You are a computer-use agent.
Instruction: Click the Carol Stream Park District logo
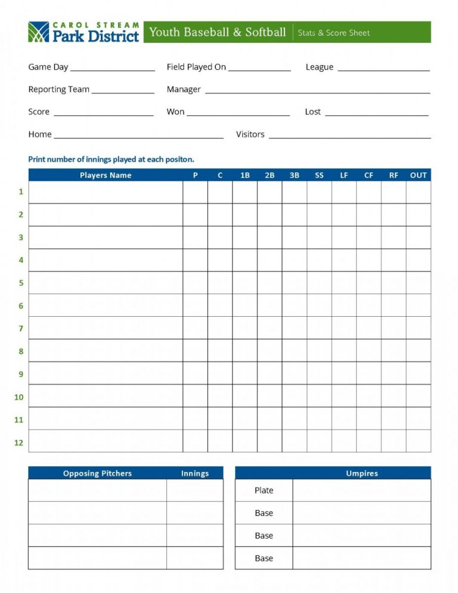pyautogui.click(x=83, y=32)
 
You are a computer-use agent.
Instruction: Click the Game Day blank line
pyautogui.click(x=113, y=70)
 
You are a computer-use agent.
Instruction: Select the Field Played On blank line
pyautogui.click(x=259, y=70)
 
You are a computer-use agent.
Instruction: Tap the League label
pyautogui.click(x=319, y=67)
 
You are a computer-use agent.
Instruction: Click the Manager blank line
pyautogui.click(x=317, y=92)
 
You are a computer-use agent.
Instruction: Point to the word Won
pyautogui.click(x=175, y=112)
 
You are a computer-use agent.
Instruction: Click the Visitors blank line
pyautogui.click(x=349, y=137)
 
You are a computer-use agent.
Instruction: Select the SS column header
pyautogui.click(x=319, y=175)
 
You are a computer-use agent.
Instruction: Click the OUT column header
pyautogui.click(x=418, y=175)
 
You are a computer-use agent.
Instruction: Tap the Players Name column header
pyautogui.click(x=106, y=175)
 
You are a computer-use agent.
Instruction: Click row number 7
pyautogui.click(x=21, y=328)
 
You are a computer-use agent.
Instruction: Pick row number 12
pyautogui.click(x=19, y=442)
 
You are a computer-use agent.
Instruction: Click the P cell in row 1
pyautogui.click(x=195, y=192)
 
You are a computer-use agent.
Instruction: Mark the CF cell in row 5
pyautogui.click(x=369, y=283)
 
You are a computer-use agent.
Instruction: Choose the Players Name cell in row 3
pyautogui.click(x=106, y=237)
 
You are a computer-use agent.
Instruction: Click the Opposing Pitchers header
pyautogui.click(x=97, y=473)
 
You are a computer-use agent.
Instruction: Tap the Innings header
pyautogui.click(x=195, y=473)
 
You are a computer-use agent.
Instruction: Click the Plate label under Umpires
pyautogui.click(x=264, y=490)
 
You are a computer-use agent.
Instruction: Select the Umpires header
pyautogui.click(x=362, y=473)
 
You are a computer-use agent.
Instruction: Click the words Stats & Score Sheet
pyautogui.click(x=334, y=33)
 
